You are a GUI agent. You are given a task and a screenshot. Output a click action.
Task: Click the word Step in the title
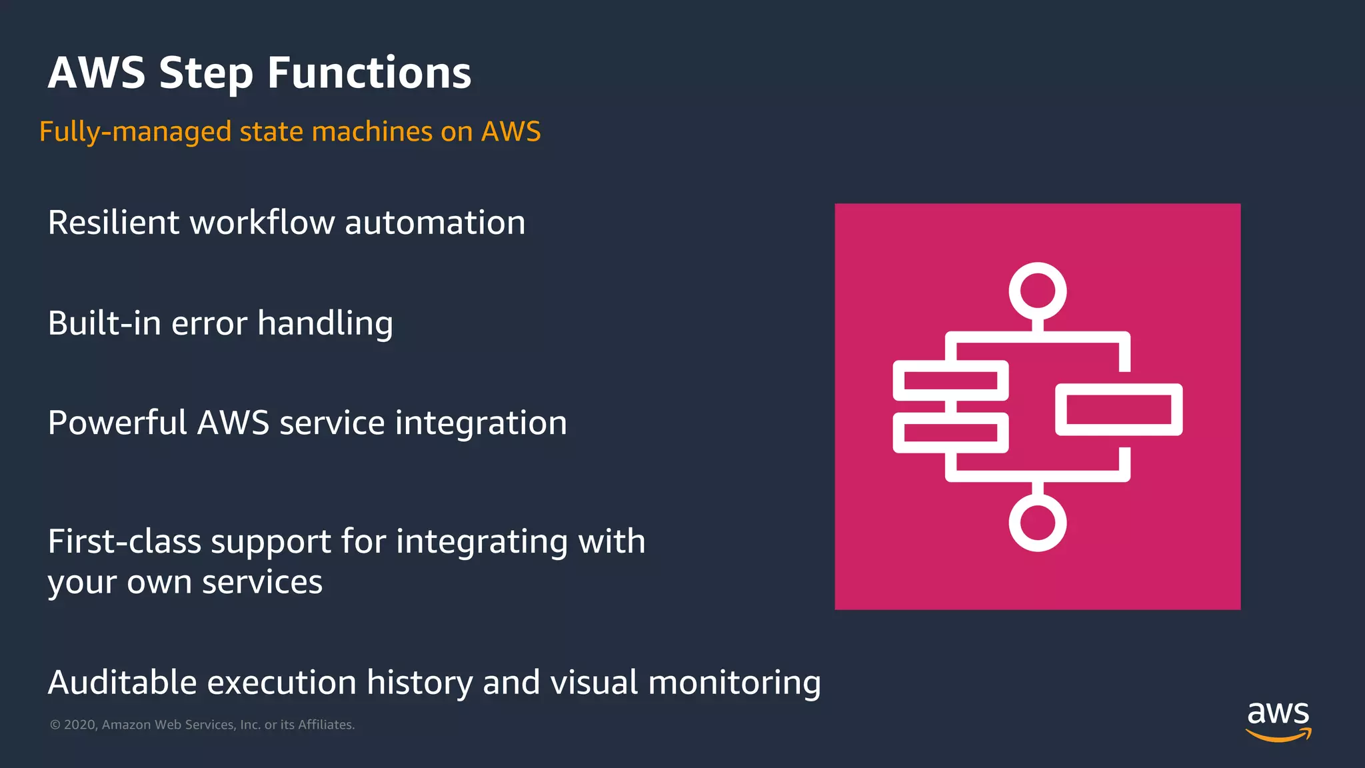coord(206,73)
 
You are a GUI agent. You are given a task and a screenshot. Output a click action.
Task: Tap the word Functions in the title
coord(369,73)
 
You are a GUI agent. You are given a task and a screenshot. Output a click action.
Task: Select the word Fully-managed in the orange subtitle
coord(135,132)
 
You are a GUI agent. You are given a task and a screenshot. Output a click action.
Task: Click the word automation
coord(435,222)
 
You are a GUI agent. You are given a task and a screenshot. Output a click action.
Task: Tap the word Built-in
coord(105,323)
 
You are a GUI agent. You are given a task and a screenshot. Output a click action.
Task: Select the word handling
coord(325,324)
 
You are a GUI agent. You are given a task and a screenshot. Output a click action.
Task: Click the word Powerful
coord(117,423)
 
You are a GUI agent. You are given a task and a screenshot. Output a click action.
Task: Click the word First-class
coord(124,541)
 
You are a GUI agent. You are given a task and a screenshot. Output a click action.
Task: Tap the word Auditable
coord(123,682)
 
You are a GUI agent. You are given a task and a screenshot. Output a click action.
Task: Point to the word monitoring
coord(734,683)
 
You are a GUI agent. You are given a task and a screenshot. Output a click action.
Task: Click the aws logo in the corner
coord(1278,720)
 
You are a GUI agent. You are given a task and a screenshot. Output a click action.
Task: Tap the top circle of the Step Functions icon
coord(1037,291)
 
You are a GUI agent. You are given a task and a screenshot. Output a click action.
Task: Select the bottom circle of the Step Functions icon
coord(1037,523)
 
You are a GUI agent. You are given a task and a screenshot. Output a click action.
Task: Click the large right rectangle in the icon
coord(1118,409)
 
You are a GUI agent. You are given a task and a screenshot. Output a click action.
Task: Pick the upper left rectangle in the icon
coord(950,381)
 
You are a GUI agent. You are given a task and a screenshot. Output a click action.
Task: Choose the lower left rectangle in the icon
coord(950,433)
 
